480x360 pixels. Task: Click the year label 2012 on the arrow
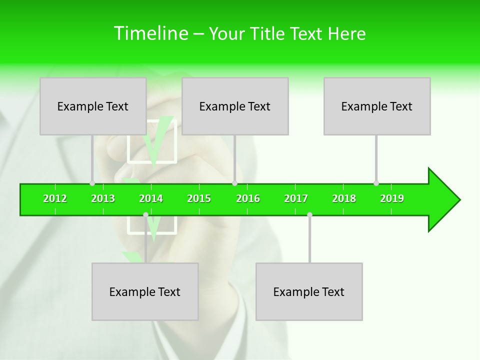55,198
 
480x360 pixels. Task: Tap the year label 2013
103,198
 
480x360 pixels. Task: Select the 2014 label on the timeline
151,198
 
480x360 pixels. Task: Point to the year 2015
199,198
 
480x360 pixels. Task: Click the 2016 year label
248,198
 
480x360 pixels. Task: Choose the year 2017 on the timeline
296,198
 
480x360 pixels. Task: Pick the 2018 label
344,198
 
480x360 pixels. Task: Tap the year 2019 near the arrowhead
392,198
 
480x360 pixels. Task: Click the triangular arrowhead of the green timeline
443,199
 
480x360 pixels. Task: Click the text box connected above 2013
93,106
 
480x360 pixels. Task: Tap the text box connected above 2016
235,106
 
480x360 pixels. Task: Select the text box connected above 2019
377,106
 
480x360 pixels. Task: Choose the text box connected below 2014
145,291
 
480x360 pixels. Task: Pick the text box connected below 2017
309,291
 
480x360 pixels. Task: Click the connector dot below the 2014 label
145,214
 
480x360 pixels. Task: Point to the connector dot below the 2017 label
309,214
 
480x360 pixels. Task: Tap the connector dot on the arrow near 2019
376,183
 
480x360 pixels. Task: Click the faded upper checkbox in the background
152,141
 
